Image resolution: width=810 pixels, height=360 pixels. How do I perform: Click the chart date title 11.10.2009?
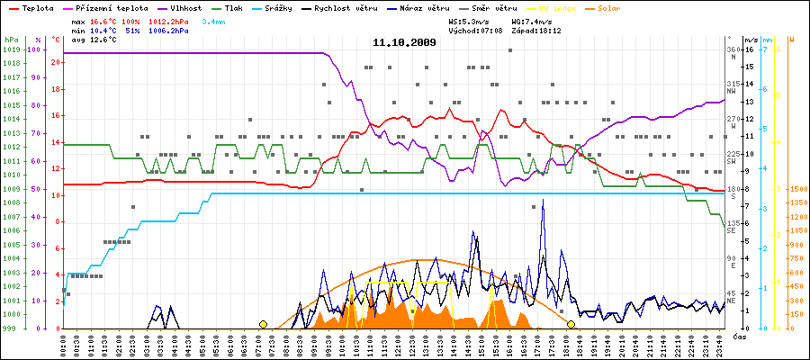(x=404, y=42)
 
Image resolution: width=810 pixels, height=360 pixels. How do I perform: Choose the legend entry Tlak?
(x=241, y=7)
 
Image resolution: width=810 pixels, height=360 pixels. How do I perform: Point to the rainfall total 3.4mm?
(x=214, y=20)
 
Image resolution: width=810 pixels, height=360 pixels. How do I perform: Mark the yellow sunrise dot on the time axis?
(x=263, y=324)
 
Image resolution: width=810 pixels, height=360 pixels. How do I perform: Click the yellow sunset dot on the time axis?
(x=571, y=324)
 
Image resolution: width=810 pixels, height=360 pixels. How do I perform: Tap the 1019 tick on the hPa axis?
(x=11, y=50)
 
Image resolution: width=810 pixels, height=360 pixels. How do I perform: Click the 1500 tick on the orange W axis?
(x=797, y=190)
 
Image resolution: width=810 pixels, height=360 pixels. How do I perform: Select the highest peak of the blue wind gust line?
(x=543, y=201)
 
